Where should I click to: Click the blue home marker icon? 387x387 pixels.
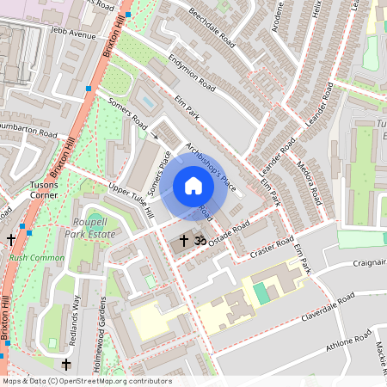pos(193,185)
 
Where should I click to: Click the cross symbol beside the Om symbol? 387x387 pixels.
pos(183,242)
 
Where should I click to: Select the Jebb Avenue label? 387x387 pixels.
pos(73,35)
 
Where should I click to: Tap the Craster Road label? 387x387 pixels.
pos(273,249)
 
